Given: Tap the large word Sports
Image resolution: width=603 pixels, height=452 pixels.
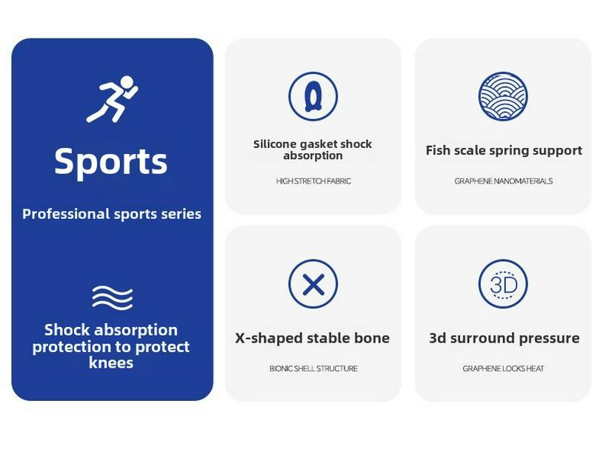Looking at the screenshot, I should tap(111, 161).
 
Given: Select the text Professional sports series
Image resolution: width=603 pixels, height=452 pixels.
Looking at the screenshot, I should tap(112, 214).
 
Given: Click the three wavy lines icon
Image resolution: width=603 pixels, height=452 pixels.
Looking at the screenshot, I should tap(112, 297).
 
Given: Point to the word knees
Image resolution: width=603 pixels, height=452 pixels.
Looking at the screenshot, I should tap(111, 362).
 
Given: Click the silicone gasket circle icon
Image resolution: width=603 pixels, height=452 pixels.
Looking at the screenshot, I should tap(313, 96).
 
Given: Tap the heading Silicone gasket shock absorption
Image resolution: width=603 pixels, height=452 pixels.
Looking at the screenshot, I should tap(313, 149).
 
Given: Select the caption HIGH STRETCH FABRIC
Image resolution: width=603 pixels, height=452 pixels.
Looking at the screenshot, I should tap(313, 181).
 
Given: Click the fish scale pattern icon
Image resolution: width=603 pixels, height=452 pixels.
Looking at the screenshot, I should tap(503, 96).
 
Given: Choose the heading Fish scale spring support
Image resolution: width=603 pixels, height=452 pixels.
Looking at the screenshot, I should tap(504, 150).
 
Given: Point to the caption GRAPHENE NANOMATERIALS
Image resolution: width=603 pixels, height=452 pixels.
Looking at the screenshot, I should tap(503, 181).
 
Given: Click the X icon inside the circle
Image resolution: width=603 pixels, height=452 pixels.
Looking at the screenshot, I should tap(313, 284).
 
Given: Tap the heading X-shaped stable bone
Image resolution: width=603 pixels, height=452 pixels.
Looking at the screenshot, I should tap(312, 338).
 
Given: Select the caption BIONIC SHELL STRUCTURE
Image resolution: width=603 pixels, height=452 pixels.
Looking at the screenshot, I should tap(313, 368).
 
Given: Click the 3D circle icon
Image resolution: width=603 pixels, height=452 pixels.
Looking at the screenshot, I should tap(503, 284).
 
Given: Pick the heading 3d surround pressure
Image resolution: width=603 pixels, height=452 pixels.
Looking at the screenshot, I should tap(504, 338).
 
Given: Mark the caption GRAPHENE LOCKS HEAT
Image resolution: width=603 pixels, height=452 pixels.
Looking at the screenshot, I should tap(503, 368).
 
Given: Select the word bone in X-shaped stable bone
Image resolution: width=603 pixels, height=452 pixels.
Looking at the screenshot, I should tap(372, 338).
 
